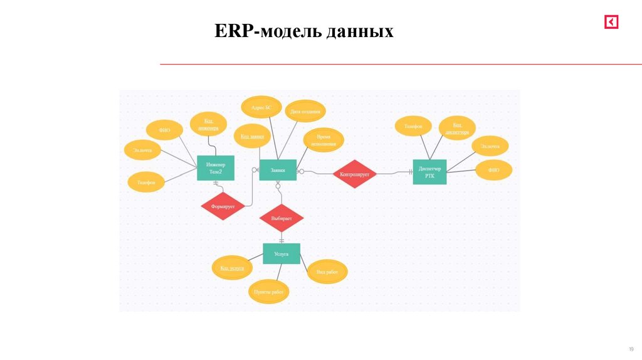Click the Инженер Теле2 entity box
(x=216, y=168)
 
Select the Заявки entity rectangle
(x=278, y=169)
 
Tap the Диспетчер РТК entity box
(x=429, y=172)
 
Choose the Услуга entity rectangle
(x=282, y=254)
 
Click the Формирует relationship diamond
(x=223, y=206)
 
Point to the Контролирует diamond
(x=355, y=174)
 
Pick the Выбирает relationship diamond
(x=282, y=218)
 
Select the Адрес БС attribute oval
(x=261, y=107)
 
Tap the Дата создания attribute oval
(x=305, y=112)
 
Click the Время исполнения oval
(x=323, y=140)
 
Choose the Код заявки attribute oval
(x=253, y=135)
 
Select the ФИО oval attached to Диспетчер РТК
(x=493, y=170)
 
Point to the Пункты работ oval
(x=269, y=292)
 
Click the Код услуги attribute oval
(x=232, y=268)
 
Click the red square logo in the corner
(x=611, y=23)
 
